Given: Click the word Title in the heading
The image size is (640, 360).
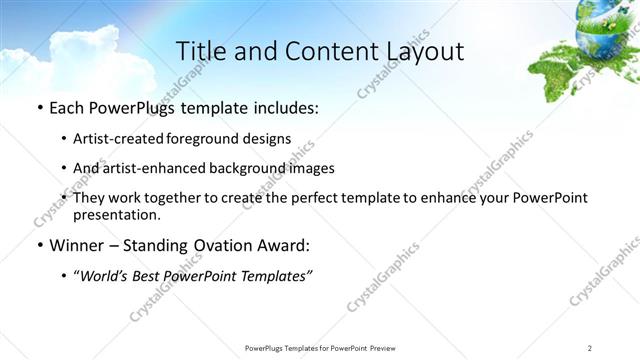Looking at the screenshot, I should click(x=200, y=52).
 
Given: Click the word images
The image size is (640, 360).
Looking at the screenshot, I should click(x=312, y=168).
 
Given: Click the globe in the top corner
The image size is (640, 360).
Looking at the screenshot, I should click(x=603, y=22).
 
